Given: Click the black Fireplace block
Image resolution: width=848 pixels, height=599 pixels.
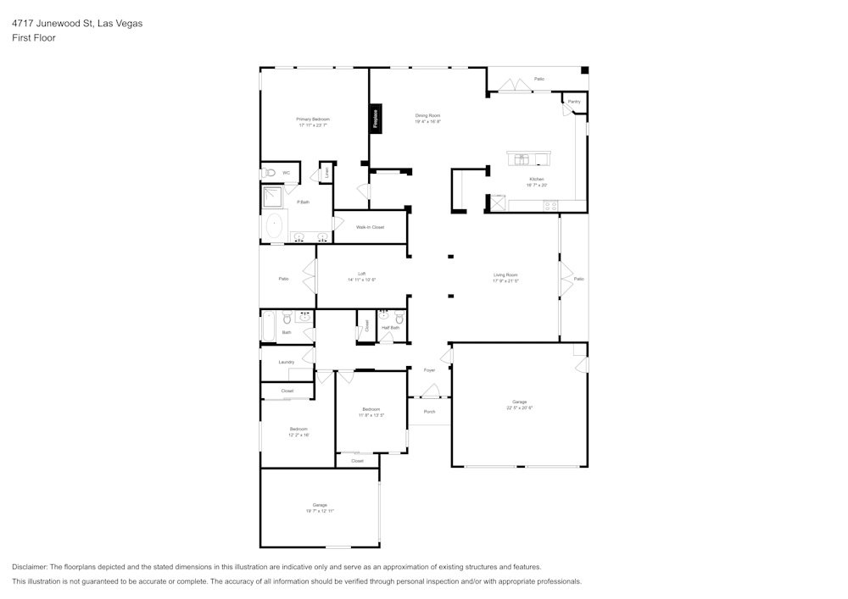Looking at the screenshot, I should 376,118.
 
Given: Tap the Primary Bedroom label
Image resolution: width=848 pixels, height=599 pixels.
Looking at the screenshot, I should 313,119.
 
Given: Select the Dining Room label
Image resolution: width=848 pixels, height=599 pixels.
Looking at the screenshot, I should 427,115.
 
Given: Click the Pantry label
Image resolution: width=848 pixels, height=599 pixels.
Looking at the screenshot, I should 574,102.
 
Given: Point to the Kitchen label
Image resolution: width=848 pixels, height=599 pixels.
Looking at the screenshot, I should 536,179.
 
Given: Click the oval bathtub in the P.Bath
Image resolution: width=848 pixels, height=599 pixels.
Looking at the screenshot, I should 274,227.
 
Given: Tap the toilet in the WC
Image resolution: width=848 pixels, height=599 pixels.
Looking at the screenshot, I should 269,173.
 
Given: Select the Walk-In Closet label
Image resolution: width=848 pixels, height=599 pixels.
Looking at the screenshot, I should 370,227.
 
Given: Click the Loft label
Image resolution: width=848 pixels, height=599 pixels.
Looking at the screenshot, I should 361,274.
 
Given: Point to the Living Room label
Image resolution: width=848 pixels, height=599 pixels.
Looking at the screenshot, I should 505,275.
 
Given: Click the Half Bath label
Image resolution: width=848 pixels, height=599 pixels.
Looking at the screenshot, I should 390,328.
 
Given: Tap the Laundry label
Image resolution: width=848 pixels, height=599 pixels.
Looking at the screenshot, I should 286,362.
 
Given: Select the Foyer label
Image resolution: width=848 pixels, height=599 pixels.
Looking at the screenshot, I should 429,370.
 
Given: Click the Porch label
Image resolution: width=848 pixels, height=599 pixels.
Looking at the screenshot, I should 429,412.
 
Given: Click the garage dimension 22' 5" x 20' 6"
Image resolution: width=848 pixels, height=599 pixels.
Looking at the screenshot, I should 519,408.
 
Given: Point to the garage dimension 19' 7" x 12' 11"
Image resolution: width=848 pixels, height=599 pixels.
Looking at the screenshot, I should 320,511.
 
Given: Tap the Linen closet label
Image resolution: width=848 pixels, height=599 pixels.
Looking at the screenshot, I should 326,173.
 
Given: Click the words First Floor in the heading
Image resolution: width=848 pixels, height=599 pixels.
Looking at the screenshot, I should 34,38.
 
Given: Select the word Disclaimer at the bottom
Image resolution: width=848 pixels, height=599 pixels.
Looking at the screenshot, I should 30,567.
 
